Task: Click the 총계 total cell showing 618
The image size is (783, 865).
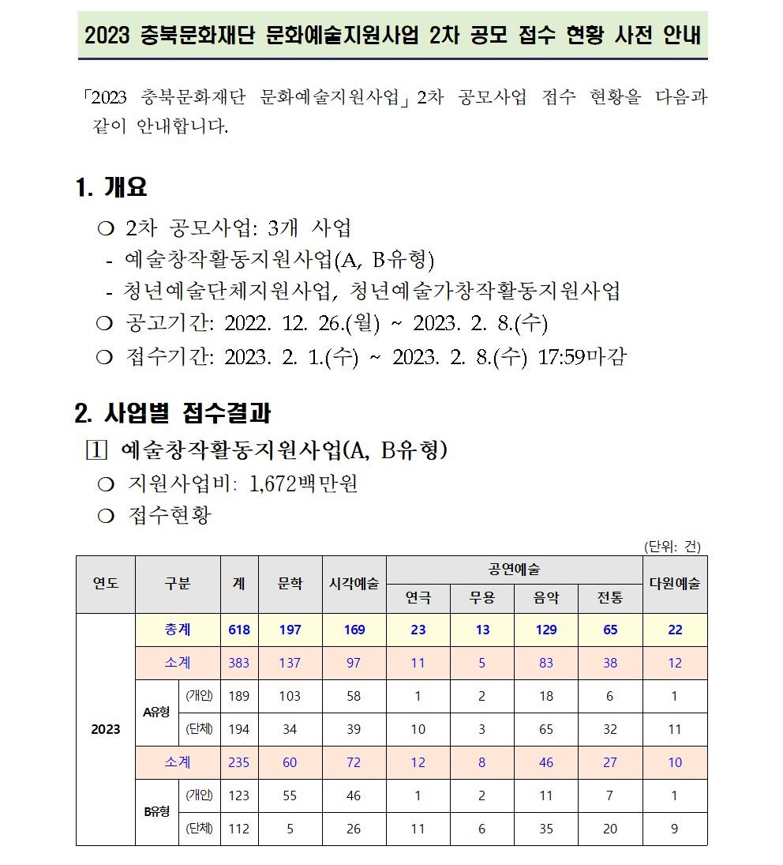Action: pos(238,630)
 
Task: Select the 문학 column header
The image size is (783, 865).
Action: pos(290,584)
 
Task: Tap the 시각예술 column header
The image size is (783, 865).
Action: pos(354,584)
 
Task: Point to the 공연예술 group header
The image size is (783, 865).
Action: pos(514,570)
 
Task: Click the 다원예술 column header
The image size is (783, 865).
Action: pos(674,584)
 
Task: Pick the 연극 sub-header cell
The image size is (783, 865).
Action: pos(418,598)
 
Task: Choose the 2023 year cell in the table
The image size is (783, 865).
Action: pos(106,728)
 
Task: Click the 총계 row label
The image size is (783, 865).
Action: pos(178,630)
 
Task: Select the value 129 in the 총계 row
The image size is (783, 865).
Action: pos(545,630)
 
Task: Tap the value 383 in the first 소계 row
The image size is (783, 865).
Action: pos(238,663)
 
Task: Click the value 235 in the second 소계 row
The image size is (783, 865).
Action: pos(238,762)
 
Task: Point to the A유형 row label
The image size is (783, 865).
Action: pos(156,712)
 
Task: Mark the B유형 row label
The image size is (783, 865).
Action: pos(156,811)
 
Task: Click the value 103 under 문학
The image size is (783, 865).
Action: pos(290,696)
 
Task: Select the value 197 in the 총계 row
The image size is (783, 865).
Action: pos(290,630)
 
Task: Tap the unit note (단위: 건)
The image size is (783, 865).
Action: pos(672,546)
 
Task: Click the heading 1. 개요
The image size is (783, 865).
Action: pos(111,188)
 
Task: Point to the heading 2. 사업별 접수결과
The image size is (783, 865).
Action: pos(173,412)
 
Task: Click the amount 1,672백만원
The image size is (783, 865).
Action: pos(303,483)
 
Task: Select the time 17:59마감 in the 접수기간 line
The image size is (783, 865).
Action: pos(582,356)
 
